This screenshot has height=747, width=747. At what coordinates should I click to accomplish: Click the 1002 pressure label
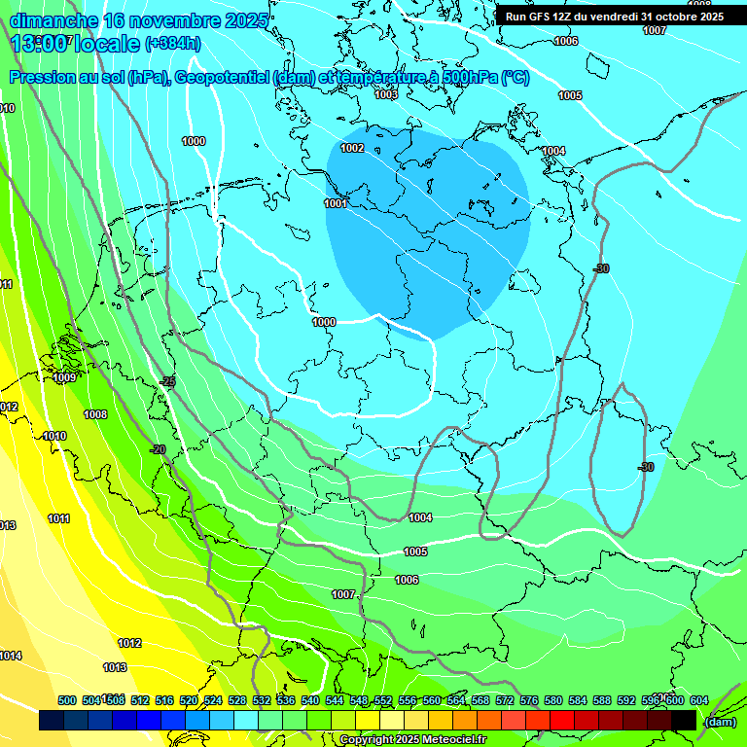click(x=352, y=148)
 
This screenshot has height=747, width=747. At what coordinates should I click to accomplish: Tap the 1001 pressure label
click(x=336, y=203)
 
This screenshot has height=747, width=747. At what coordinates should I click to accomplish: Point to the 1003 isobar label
click(x=386, y=94)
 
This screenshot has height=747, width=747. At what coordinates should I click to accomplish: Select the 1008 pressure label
click(x=95, y=414)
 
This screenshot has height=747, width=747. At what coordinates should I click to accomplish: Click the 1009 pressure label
click(x=64, y=377)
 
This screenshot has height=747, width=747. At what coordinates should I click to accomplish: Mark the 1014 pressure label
click(x=11, y=656)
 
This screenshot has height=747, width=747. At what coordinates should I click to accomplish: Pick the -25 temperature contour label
click(x=169, y=382)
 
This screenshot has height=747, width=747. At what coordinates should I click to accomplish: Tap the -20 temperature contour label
click(x=158, y=449)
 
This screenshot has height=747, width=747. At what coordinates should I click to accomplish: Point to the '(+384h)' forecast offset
click(x=173, y=44)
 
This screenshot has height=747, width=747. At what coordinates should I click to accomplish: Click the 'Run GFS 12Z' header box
click(x=614, y=17)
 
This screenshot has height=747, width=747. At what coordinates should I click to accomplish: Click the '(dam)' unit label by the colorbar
click(x=720, y=721)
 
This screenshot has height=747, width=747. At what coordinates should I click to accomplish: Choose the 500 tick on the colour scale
click(x=67, y=700)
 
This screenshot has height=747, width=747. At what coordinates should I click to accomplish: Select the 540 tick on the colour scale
click(x=310, y=700)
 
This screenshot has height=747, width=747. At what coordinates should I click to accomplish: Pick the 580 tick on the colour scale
click(x=553, y=700)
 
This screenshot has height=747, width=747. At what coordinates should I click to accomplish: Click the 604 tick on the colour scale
click(x=699, y=700)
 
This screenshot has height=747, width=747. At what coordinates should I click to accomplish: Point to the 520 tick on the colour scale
click(x=189, y=700)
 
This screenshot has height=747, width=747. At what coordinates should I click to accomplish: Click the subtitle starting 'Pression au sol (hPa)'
click(x=269, y=78)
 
